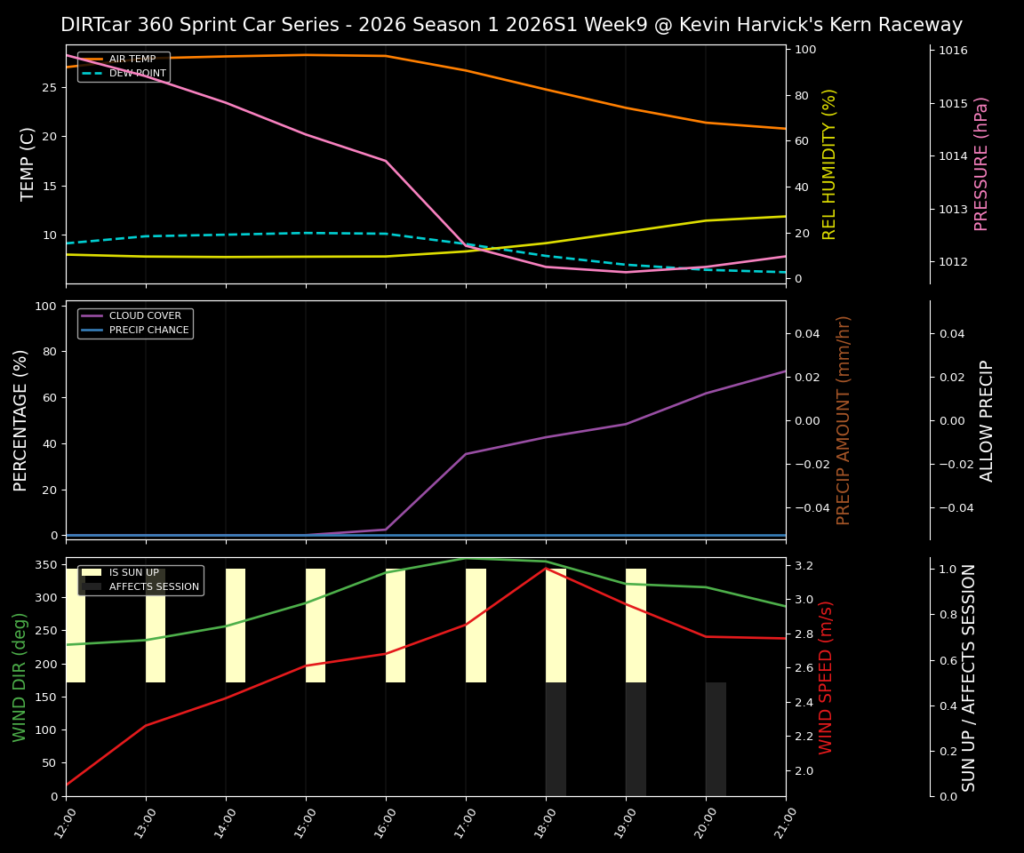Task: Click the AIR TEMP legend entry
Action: tap(132, 60)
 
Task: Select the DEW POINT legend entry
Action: tap(137, 74)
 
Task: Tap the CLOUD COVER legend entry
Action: tap(145, 316)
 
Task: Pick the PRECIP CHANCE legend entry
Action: tap(148, 331)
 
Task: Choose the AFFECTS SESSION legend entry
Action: tap(154, 586)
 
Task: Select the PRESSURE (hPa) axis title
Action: tap(981, 163)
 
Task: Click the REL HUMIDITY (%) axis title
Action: tap(830, 163)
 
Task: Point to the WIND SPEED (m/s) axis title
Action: tap(827, 677)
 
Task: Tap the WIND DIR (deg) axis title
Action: tap(20, 677)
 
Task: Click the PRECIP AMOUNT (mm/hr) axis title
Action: tap(844, 419)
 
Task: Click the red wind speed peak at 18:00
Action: tap(546, 568)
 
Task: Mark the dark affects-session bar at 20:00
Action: tap(716, 739)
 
